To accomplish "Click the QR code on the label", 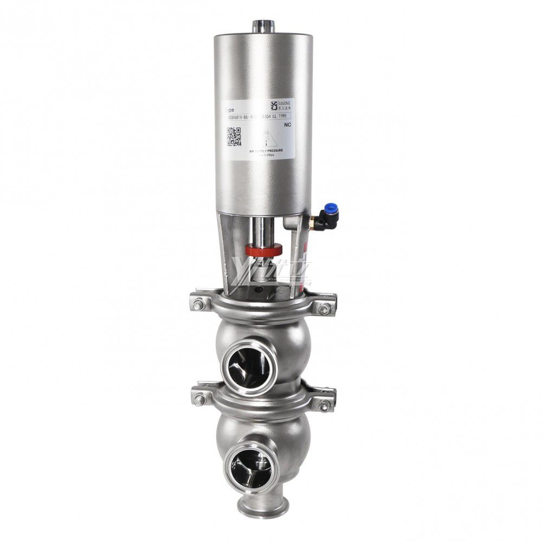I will [234, 137].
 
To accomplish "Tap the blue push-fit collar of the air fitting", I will [327, 208].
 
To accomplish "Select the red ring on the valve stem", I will [264, 250].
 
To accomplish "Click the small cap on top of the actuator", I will [264, 25].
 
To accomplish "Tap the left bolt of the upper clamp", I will [198, 305].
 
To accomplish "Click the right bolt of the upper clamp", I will [325, 309].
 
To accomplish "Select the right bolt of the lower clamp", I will [325, 406].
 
